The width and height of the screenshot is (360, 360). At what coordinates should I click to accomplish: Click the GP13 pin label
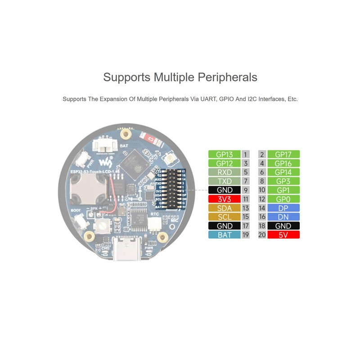click(225, 154)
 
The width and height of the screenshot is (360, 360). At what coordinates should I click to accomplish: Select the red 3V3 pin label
click(225, 199)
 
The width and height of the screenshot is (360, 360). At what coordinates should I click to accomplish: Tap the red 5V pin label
click(283, 235)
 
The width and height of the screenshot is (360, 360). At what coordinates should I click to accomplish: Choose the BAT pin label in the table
click(225, 235)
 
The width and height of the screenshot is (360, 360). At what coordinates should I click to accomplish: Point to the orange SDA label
click(225, 208)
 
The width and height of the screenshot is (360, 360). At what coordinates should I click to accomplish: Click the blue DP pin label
click(283, 208)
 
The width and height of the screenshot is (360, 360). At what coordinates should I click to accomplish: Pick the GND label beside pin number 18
click(283, 226)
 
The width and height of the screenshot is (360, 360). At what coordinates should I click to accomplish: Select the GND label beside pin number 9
click(225, 190)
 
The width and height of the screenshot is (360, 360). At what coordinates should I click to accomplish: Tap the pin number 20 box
click(262, 235)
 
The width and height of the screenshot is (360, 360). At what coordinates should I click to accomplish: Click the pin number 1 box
click(246, 154)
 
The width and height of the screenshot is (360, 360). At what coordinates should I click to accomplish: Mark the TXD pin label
click(225, 181)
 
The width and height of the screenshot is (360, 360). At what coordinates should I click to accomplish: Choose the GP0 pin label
click(283, 199)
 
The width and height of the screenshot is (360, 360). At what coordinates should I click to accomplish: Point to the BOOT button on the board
click(81, 221)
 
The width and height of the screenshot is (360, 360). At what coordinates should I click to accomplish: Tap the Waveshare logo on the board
click(104, 162)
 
